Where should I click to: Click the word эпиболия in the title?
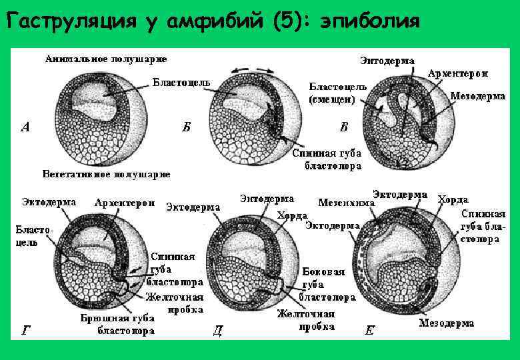pyautogui.click(x=369, y=23)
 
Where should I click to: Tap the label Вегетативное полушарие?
pyautogui.click(x=106, y=174)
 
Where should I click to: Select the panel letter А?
pyautogui.click(x=25, y=127)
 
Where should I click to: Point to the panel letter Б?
pyautogui.click(x=187, y=127)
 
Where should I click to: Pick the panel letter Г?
pyautogui.click(x=26, y=329)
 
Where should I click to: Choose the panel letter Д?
pyautogui.click(x=217, y=329)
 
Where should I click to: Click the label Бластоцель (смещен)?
pyautogui.click(x=337, y=93)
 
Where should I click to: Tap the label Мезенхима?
pyautogui.click(x=346, y=201)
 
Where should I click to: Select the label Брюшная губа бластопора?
pyautogui.click(x=118, y=323)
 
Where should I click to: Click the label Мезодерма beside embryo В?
pyautogui.click(x=478, y=96)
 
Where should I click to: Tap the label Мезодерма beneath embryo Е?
pyautogui.click(x=447, y=323)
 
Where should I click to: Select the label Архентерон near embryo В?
pyautogui.click(x=458, y=73)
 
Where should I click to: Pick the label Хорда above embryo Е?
pyautogui.click(x=453, y=199)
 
